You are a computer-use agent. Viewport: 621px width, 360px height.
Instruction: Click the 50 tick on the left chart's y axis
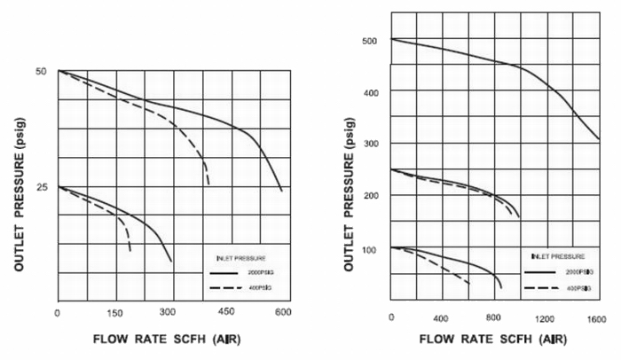pos(40,71)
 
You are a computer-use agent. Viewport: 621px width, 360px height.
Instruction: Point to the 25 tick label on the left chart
pos(40,187)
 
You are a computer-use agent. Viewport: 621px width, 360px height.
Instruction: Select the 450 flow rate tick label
pos(226,312)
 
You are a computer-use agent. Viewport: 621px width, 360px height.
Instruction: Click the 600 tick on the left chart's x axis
pos(283,312)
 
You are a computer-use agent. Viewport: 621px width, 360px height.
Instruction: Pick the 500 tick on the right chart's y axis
pos(370,40)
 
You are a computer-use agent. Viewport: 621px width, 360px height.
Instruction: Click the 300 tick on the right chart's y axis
pos(370,144)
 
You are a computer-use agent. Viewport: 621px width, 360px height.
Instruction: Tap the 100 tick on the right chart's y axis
pos(370,248)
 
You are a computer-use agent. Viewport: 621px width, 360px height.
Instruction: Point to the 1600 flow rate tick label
pos(596,318)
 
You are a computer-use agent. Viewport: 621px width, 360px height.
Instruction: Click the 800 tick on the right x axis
pos(494,318)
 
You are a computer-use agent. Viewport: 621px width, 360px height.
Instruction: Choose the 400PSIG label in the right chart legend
pos(567,288)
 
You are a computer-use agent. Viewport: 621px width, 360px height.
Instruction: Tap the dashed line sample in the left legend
pos(225,288)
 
